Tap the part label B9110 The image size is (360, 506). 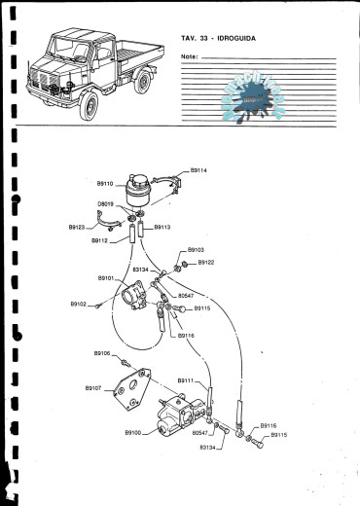105,182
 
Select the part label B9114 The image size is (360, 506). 198,170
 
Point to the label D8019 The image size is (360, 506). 106,203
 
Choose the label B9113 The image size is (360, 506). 162,227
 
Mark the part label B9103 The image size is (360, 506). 195,250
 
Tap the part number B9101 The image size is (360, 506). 106,278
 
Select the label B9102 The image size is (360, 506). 79,305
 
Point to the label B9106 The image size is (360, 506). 102,353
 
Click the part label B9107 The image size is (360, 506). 93,387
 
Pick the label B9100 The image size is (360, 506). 133,431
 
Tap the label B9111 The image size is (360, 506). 186,380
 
